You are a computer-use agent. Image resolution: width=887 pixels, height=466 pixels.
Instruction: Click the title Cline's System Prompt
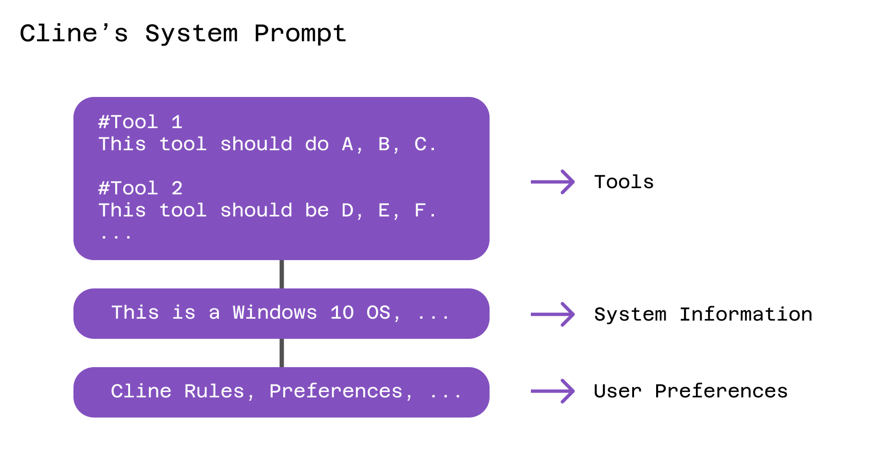(x=182, y=34)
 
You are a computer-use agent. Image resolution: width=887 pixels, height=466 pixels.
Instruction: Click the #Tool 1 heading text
(x=140, y=122)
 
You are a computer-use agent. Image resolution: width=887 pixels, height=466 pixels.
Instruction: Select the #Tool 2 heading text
(x=140, y=188)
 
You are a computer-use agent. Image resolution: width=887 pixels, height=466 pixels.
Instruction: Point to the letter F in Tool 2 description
(x=420, y=210)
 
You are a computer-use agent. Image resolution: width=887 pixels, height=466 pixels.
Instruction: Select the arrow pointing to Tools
(x=552, y=182)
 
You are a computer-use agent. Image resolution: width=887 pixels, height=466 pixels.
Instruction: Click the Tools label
(x=623, y=182)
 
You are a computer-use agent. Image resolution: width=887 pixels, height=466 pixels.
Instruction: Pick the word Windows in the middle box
(x=275, y=313)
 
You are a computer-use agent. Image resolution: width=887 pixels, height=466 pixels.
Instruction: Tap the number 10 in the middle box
(x=342, y=313)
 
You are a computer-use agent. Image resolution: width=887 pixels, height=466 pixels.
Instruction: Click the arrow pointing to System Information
(x=552, y=314)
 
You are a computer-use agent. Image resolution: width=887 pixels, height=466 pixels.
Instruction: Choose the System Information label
(x=703, y=314)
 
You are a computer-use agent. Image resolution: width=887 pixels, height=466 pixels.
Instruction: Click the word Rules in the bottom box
(x=214, y=391)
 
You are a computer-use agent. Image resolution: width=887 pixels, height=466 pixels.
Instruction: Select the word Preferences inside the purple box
(x=336, y=391)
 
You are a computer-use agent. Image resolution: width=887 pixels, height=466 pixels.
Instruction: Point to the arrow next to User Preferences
(x=552, y=391)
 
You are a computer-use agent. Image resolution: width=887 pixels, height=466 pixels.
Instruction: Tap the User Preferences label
(x=690, y=391)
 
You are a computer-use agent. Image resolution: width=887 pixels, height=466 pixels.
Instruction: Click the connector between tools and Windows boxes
(x=282, y=274)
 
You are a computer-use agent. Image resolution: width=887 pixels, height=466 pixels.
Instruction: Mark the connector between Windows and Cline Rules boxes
(x=282, y=353)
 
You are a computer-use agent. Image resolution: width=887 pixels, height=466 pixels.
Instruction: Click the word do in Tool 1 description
(x=317, y=144)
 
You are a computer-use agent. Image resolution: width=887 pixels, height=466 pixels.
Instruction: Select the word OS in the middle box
(x=379, y=313)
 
